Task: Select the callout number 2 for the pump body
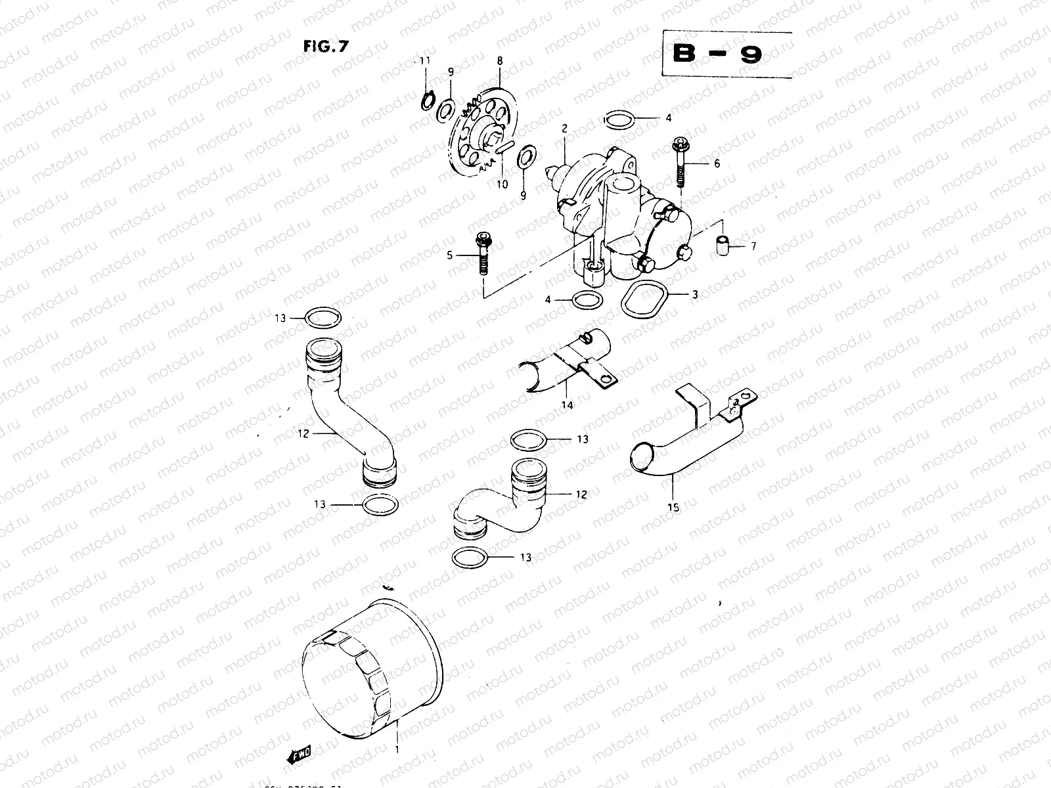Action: point(564,129)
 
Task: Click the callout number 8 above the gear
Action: point(500,60)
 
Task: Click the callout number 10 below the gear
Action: point(502,185)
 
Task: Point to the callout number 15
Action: point(673,507)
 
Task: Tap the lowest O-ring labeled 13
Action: point(470,557)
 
